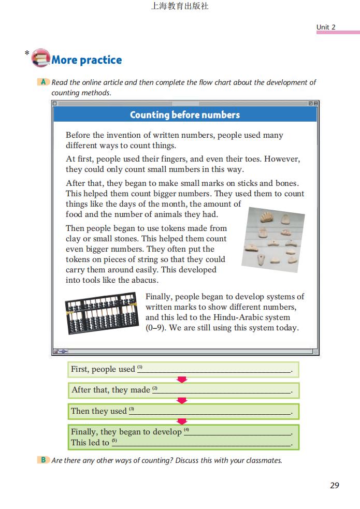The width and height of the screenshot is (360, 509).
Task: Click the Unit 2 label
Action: coord(326,27)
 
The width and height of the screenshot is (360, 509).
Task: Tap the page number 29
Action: coord(334,485)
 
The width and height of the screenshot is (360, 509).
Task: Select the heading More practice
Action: coord(87,60)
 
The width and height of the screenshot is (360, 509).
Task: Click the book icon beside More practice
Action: coord(40,57)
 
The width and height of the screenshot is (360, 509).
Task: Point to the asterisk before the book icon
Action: coord(26,53)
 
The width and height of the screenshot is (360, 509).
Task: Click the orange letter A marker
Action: coord(44,82)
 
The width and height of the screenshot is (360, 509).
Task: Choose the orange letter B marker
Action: coord(44,460)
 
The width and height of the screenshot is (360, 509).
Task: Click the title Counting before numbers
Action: coord(184,114)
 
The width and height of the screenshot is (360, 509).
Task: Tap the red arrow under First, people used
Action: coord(182,380)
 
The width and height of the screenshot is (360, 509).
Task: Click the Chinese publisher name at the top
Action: coord(179,7)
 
